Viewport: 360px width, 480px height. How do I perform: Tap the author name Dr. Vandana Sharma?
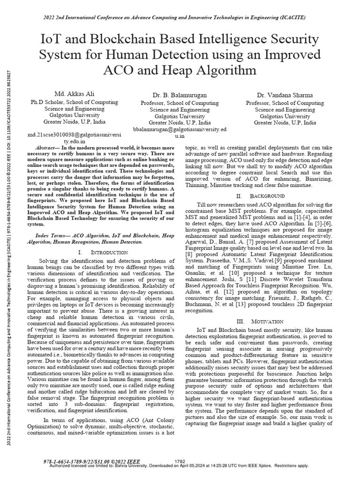click(x=285, y=95)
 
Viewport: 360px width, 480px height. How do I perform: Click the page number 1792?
click(x=180, y=461)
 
